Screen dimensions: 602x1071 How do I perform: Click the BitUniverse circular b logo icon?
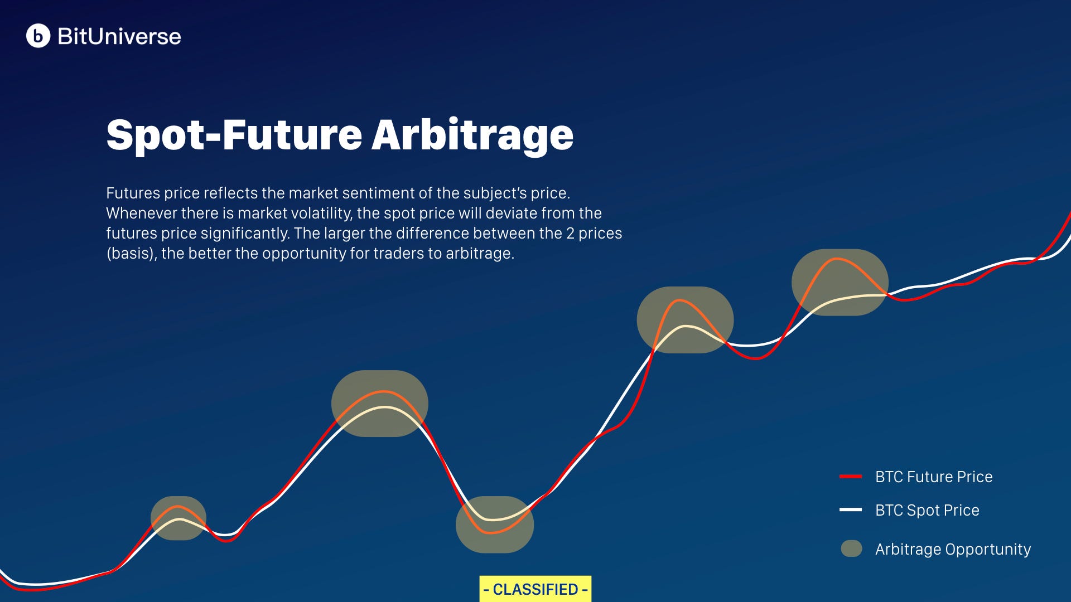tap(38, 36)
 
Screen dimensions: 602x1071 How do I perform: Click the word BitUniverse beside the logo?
tap(119, 37)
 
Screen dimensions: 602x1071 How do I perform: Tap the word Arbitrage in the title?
tap(472, 135)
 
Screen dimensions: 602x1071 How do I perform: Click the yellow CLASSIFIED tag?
tap(535, 589)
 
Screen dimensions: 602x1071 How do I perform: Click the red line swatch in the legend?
tap(851, 477)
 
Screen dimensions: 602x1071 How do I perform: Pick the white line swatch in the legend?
tap(851, 509)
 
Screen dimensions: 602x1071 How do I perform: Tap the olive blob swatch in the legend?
tap(851, 548)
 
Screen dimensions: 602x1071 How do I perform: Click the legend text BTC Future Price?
tap(934, 477)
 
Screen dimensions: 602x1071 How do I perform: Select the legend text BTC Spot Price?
tap(927, 510)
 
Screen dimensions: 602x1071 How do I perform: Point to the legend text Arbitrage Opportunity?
tap(953, 549)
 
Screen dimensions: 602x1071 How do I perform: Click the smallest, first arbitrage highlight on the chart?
tap(178, 518)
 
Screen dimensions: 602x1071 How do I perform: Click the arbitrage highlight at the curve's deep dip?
tap(494, 525)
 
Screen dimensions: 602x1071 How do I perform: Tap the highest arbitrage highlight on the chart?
tap(840, 282)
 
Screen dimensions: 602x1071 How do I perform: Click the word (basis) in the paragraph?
tap(131, 253)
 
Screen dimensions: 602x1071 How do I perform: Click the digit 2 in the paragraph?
tap(570, 233)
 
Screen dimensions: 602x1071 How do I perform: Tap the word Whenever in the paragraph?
tap(134, 213)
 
